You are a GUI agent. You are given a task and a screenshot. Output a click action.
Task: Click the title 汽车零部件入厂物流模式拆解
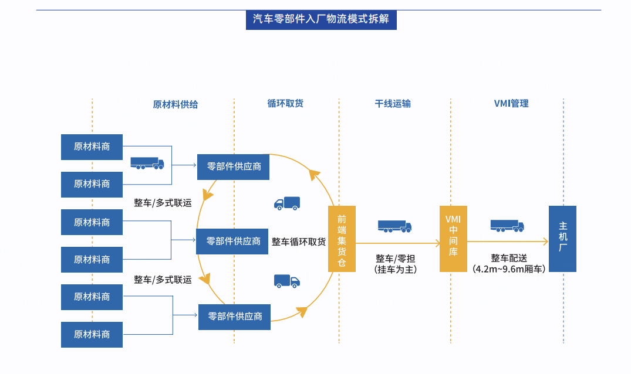tap(321, 19)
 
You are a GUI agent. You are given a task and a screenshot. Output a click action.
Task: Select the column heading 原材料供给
tap(176, 104)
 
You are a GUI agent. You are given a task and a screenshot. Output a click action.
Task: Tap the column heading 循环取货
tap(285, 103)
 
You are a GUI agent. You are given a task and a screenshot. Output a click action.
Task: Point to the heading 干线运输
tap(393, 104)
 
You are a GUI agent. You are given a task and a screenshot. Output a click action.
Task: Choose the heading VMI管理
tap(511, 103)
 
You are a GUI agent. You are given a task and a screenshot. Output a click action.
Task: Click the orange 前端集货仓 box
tap(342, 239)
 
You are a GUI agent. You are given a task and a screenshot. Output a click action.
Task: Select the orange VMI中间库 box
tap(453, 239)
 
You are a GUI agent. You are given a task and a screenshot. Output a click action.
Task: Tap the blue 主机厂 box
tap(562, 239)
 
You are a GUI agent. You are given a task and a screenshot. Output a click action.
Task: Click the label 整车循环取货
tap(298, 242)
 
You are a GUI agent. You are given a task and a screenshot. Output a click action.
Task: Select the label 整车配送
tap(509, 258)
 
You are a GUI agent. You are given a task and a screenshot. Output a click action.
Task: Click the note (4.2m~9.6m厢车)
tap(509, 269)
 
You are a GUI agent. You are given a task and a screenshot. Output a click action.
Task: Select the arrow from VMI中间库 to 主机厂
tap(508, 241)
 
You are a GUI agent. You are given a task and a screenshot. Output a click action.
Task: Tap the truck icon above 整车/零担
tap(394, 226)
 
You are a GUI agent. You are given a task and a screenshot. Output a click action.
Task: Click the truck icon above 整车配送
tap(507, 226)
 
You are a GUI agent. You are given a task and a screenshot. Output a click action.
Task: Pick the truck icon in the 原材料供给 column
tap(147, 163)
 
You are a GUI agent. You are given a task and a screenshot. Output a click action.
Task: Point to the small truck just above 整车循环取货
tap(287, 203)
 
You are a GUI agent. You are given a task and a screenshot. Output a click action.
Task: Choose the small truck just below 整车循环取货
tap(287, 281)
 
